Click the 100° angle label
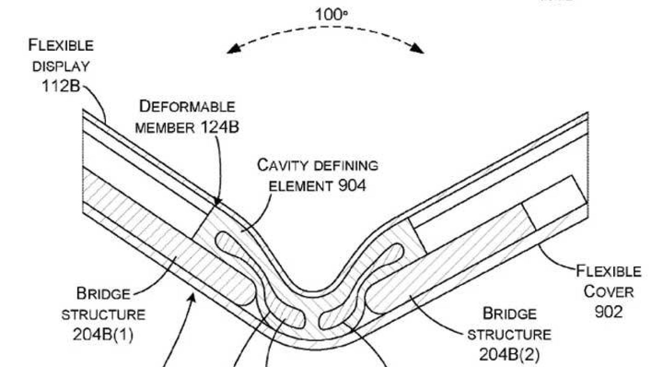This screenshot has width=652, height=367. [331, 15]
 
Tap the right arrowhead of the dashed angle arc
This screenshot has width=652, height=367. [416, 49]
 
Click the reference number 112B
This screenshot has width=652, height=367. [61, 86]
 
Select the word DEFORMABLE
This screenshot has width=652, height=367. [187, 106]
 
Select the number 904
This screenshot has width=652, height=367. [352, 185]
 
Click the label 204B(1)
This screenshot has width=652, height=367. [103, 334]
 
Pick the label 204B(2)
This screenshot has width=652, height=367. [509, 354]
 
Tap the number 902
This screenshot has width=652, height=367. [609, 312]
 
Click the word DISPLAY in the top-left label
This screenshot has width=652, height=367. [61, 67]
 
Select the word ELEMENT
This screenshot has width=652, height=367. [300, 186]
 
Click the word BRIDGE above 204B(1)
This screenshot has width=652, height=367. [104, 294]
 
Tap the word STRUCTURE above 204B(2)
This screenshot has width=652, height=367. [509, 335]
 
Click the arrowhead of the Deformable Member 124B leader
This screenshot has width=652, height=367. [217, 201]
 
